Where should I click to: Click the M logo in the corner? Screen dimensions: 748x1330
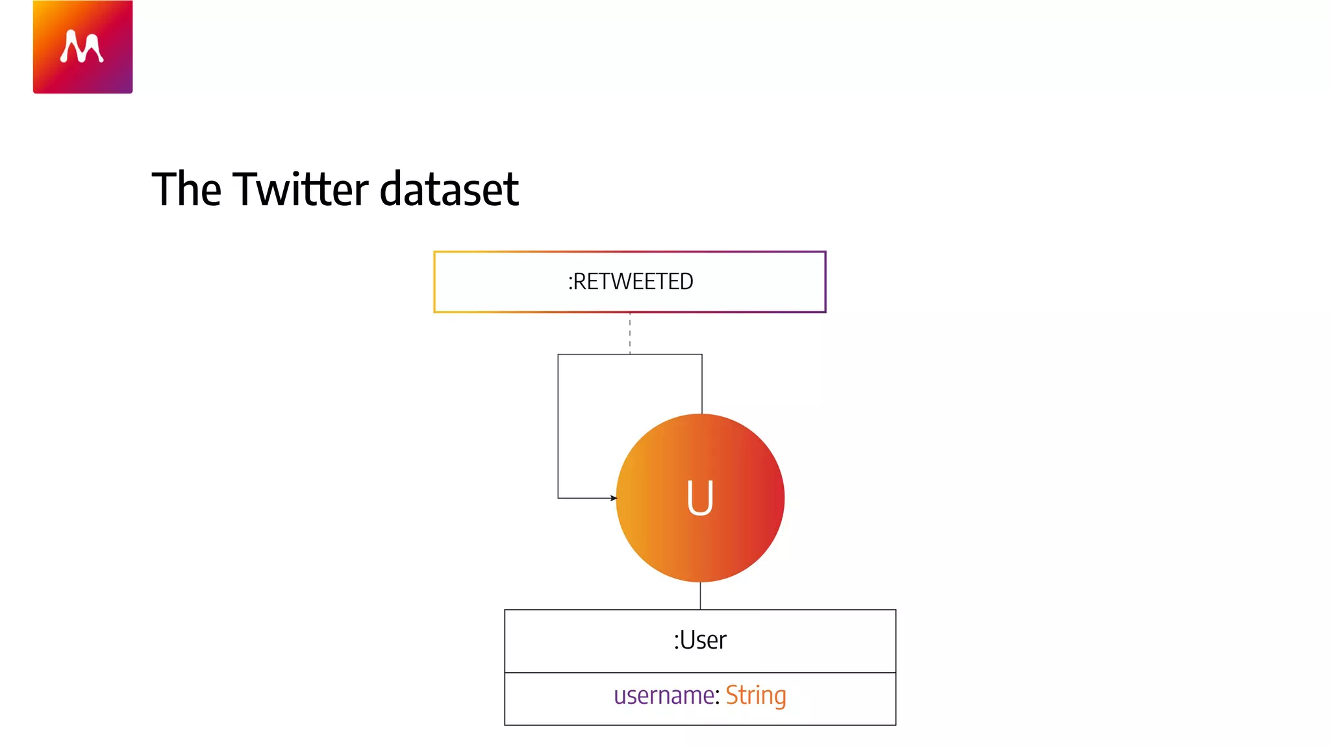[82, 47]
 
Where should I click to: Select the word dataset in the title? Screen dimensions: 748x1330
[449, 189]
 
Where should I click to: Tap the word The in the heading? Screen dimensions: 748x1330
[186, 189]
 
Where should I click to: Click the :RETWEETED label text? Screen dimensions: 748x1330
[630, 282]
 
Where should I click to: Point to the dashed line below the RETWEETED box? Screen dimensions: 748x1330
[630, 333]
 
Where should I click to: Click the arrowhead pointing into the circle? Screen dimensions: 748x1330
[613, 498]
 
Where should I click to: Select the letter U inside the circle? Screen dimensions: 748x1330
[700, 498]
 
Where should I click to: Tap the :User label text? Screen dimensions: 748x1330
[700, 640]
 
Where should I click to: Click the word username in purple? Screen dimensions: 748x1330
[664, 695]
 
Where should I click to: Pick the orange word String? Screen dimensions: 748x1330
[756, 695]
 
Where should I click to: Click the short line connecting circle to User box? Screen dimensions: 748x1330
[700, 595]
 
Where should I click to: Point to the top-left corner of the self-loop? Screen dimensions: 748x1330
[558, 355]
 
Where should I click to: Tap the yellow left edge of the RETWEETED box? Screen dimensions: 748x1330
[434, 282]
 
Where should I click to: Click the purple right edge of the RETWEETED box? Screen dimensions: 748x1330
[825, 282]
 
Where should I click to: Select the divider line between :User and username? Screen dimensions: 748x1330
[700, 673]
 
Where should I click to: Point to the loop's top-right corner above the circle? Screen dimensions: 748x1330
[702, 355]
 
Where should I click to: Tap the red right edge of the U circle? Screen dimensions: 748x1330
[783, 498]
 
